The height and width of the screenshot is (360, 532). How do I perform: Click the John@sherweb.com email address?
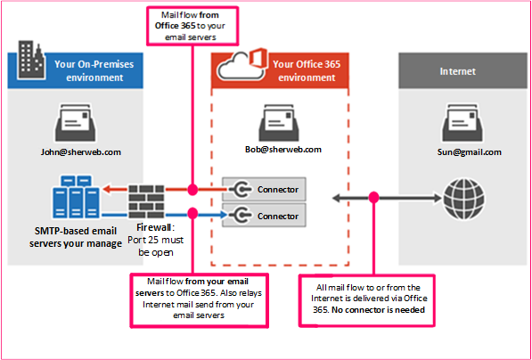81,152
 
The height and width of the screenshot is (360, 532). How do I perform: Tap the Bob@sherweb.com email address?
283,150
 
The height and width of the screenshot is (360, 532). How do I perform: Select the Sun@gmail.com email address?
470,151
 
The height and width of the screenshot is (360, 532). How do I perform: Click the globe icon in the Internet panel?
464,198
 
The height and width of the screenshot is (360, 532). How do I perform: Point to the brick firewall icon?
146,201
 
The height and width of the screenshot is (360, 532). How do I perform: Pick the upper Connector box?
265,189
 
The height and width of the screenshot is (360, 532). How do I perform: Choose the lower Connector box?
265,216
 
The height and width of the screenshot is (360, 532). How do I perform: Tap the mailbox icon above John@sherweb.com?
76,122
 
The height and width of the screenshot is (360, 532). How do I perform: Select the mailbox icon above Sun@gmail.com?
462,122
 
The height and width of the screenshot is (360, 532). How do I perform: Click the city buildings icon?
31,61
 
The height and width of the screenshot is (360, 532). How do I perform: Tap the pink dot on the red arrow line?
192,189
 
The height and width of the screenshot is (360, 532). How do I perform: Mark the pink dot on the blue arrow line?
192,213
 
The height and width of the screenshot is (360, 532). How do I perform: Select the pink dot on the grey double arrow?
373,197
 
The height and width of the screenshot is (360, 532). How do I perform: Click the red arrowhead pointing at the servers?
107,189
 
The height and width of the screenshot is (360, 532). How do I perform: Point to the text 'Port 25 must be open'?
155,246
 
